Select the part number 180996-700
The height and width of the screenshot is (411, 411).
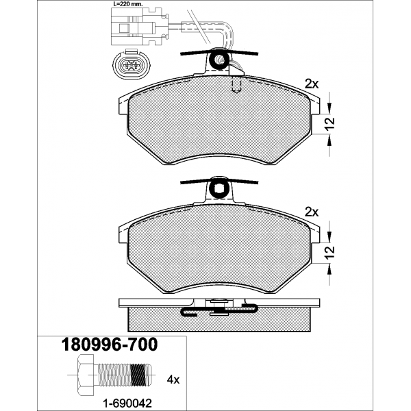110,345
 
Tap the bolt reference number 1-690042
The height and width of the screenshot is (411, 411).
127,403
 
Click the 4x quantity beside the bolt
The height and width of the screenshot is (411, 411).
173,379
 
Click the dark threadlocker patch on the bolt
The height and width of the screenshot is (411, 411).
138,375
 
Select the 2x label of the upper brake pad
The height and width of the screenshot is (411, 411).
312,84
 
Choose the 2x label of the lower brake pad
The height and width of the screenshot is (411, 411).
312,212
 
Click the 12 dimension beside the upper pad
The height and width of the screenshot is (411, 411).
331,123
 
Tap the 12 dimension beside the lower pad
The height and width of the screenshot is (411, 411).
331,252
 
